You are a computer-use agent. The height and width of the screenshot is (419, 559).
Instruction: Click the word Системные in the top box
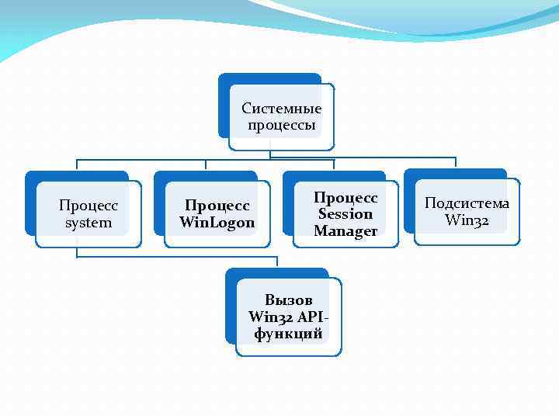click(x=281, y=109)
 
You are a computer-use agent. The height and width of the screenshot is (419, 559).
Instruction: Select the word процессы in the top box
click(x=281, y=126)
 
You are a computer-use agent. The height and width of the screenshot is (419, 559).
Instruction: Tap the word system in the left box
click(x=89, y=223)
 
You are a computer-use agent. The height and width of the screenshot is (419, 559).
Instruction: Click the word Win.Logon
click(x=217, y=223)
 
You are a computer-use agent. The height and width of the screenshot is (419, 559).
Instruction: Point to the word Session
click(x=345, y=214)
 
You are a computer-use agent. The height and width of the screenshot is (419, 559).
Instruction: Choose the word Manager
click(x=345, y=231)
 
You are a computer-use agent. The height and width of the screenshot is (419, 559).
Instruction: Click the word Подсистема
click(x=467, y=203)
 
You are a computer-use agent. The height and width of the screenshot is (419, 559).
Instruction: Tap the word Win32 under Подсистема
click(x=467, y=220)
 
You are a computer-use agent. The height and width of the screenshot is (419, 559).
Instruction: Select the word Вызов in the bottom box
click(x=288, y=300)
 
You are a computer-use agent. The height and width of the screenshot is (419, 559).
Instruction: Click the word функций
click(x=288, y=334)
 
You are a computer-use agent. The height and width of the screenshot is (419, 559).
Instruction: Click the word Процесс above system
click(x=89, y=206)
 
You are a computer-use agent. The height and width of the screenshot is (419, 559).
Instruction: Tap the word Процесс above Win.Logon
click(x=217, y=206)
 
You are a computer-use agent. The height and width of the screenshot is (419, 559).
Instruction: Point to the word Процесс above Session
click(x=345, y=198)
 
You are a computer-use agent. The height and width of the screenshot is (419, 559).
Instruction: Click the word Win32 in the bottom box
click(x=268, y=317)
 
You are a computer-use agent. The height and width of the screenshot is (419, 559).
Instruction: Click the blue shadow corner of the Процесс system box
click(x=30, y=177)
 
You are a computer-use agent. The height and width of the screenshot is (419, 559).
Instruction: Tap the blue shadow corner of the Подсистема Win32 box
click(x=409, y=175)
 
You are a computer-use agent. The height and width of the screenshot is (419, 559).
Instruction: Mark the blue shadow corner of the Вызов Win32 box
click(x=231, y=274)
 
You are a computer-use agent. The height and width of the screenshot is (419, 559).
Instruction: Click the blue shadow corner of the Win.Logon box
click(x=159, y=177)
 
